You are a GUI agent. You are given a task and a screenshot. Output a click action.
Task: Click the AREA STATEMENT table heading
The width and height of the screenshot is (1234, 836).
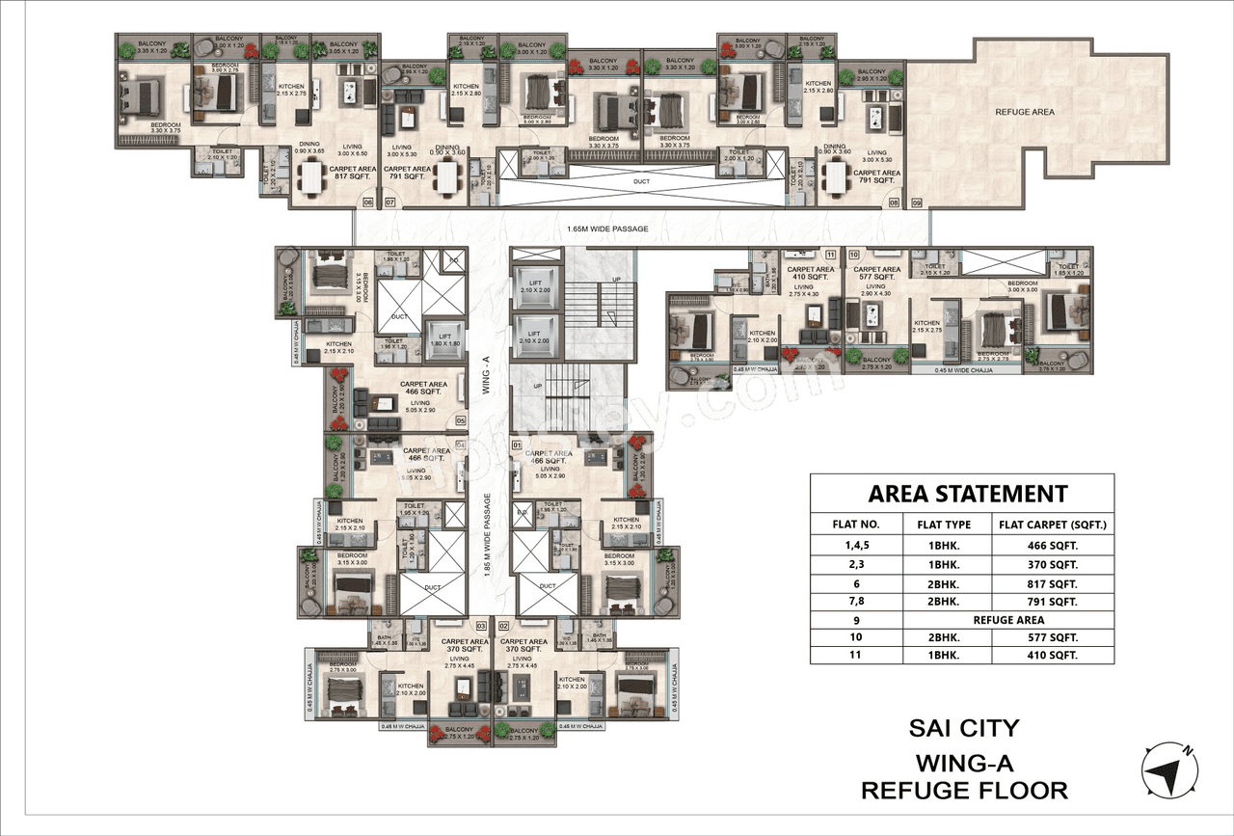(x=967, y=494)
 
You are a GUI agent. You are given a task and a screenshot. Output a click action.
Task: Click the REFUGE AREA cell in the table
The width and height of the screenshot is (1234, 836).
(x=1007, y=620)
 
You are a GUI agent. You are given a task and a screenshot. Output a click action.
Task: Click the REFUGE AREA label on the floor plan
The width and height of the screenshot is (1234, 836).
(x=1024, y=112)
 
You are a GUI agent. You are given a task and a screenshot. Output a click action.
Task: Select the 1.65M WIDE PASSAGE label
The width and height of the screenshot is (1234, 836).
(x=606, y=229)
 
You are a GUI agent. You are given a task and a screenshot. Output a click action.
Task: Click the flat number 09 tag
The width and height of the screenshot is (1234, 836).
(x=916, y=202)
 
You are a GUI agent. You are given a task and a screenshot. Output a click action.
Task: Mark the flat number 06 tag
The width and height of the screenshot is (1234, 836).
(x=367, y=202)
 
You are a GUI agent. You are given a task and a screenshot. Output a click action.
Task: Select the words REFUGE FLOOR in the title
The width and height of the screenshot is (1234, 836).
(x=964, y=791)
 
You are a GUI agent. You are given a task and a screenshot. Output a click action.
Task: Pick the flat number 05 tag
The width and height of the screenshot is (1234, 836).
(x=461, y=420)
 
